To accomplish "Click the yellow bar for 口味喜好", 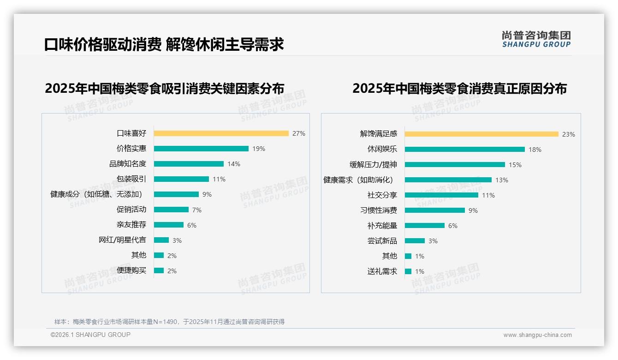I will tap(221, 133).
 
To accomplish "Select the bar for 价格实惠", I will tap(201, 149).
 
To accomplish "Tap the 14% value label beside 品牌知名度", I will tap(233, 164).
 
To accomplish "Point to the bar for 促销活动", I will tap(171, 210).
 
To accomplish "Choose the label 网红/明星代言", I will tap(122, 240).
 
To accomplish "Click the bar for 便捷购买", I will tap(159, 270).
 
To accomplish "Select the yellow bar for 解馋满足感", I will tap(481, 134).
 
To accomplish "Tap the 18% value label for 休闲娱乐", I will tap(535, 150).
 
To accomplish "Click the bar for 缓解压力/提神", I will tap(455, 165).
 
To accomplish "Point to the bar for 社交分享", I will tap(441, 195).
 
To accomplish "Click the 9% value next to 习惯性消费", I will tap(473, 210).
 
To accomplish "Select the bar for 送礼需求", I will tap(408, 271).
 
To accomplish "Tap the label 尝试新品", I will tap(382, 241).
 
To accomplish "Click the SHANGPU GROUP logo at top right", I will tap(536, 39).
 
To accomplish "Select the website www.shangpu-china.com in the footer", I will tap(537, 335).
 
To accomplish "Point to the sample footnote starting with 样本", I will tap(169, 322).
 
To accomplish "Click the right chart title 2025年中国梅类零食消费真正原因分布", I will tap(459, 88).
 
